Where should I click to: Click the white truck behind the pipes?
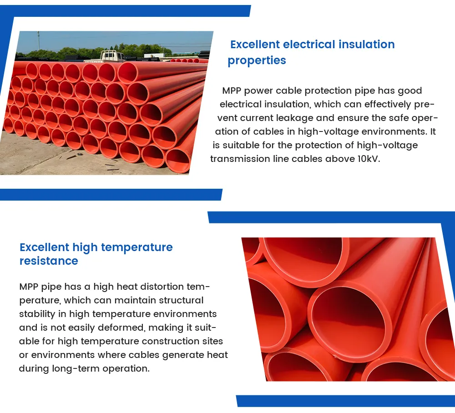112,56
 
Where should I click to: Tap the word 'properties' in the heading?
257,60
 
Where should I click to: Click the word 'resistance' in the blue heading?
49,261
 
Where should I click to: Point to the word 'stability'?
35,314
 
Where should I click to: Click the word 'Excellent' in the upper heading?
255,45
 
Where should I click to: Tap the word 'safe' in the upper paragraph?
396,118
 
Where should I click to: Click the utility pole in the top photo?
38,43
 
